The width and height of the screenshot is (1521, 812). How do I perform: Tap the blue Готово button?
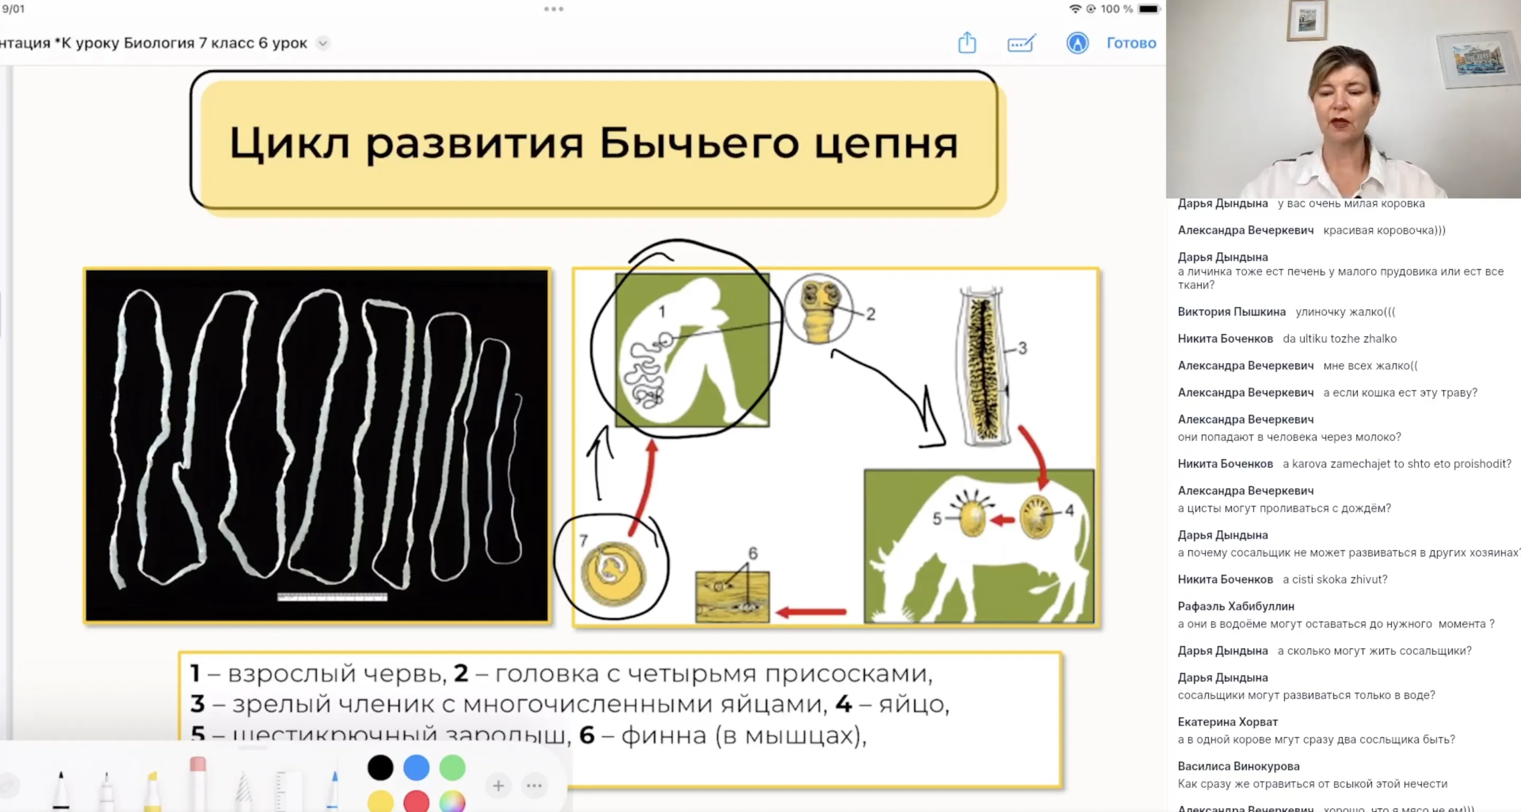pos(1131,43)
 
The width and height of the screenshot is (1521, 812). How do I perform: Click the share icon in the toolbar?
pos(966,43)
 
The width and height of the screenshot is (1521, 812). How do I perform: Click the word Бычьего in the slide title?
pos(699,144)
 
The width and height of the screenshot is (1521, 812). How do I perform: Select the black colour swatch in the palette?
pos(380,767)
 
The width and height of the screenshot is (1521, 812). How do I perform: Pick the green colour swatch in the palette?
pos(452,767)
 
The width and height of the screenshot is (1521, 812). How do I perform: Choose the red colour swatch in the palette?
pos(416,801)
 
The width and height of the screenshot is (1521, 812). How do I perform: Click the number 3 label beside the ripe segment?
pos(1022,348)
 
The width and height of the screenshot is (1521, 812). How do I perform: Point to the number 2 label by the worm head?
pos(870,314)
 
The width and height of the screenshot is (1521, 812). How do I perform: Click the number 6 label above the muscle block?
pos(753,553)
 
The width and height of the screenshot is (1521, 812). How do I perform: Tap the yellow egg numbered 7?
pos(612,572)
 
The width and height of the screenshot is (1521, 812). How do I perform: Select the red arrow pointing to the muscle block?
pos(811,612)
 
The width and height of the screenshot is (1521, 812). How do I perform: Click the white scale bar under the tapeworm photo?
pos(332,597)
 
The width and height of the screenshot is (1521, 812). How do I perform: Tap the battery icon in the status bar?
pos(1149,9)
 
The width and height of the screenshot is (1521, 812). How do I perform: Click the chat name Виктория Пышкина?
pos(1231,311)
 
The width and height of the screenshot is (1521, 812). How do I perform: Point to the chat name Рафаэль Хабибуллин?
pos(1235,606)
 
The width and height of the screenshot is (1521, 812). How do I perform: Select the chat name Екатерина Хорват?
pos(1227,722)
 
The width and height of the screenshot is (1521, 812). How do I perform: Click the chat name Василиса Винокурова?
pos(1238,766)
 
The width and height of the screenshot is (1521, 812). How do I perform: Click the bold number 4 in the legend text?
pos(844,704)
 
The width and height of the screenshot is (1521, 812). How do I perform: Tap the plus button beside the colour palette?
pos(499,786)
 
